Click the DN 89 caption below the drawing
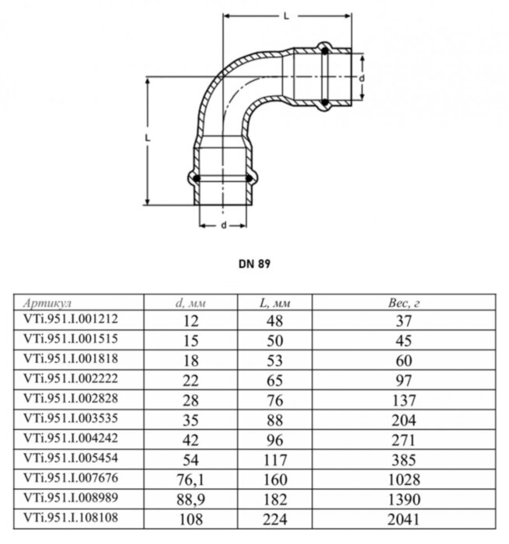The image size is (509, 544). pyautogui.click(x=254, y=263)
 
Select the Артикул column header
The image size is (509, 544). pyautogui.click(x=50, y=302)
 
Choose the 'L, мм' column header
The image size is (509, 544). pyautogui.click(x=274, y=302)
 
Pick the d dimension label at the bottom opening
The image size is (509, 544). pyautogui.click(x=223, y=225)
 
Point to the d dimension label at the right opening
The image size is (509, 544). pyautogui.click(x=362, y=77)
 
